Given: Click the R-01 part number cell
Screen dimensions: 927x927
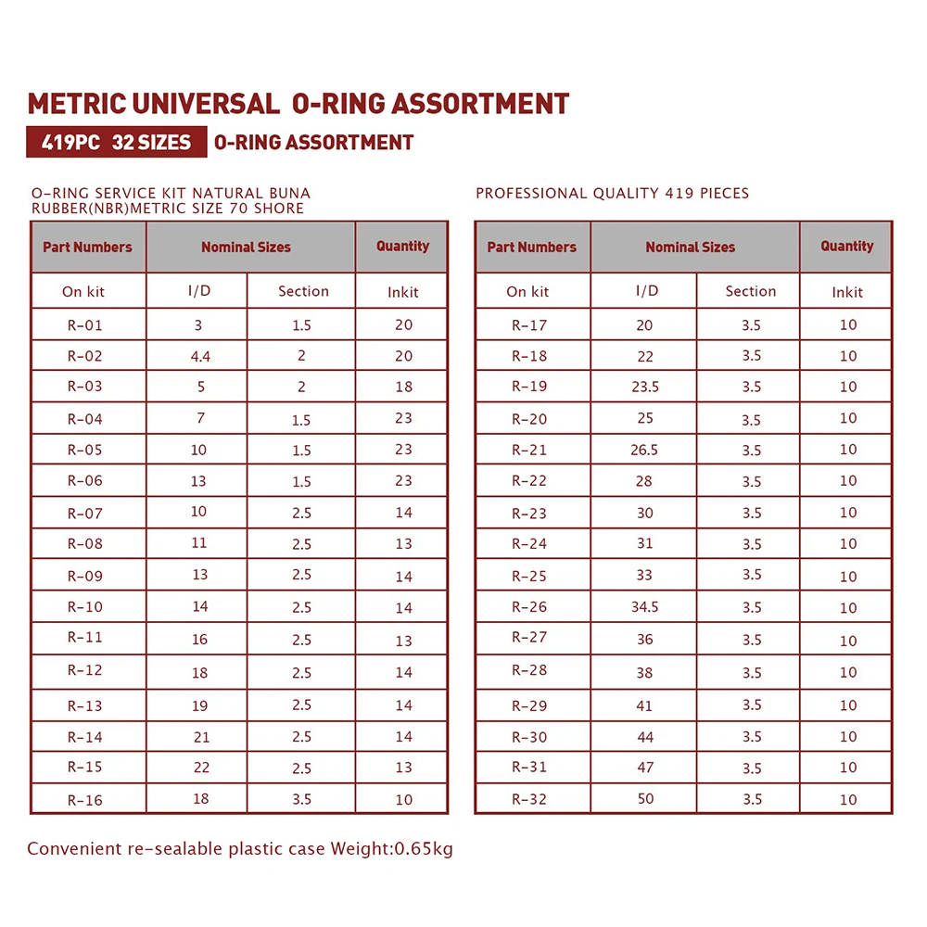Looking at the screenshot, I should (x=85, y=325).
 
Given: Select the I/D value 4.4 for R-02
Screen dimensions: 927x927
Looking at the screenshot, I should (x=200, y=357).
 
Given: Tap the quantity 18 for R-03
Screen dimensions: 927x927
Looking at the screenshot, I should (x=403, y=387).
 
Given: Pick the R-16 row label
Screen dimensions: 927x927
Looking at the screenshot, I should (x=85, y=800).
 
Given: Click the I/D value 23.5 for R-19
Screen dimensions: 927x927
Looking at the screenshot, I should (x=645, y=387).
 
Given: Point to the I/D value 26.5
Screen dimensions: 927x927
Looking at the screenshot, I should (x=645, y=451).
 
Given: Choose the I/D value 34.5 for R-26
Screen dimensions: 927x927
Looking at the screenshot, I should (x=645, y=607).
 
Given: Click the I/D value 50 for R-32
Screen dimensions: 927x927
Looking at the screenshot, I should (x=645, y=799).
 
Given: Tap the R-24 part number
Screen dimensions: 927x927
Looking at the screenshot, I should (x=529, y=544).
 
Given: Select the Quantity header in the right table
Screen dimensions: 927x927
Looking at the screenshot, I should (x=846, y=247).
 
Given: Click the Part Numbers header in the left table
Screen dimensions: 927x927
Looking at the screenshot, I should (x=87, y=248).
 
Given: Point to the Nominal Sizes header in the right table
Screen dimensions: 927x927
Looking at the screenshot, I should (x=690, y=248).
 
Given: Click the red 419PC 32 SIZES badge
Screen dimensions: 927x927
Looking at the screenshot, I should (x=117, y=143).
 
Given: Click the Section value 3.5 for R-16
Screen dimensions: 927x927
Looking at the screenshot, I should (x=301, y=799).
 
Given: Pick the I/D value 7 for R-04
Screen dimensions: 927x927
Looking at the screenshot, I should (x=200, y=418).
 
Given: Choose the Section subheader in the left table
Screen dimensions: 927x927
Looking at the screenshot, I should (x=303, y=291).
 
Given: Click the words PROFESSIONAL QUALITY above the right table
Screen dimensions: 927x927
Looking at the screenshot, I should (x=567, y=194).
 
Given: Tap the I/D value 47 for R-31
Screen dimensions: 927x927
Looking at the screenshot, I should (x=645, y=768).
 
